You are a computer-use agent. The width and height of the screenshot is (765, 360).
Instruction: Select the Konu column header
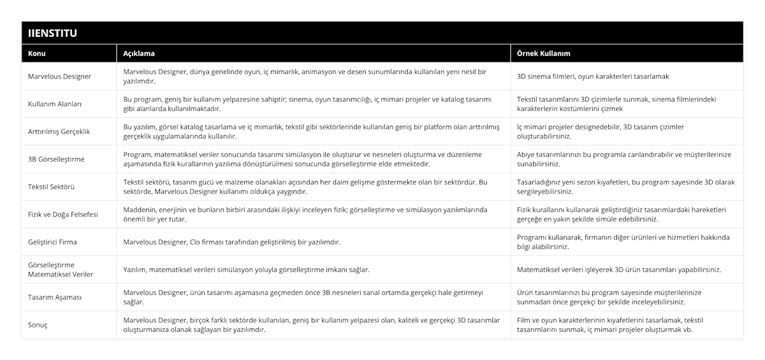pos(37,54)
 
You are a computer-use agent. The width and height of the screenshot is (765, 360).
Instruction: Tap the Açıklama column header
pos(138,54)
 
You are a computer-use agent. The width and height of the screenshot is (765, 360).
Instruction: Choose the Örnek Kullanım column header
pos(543,54)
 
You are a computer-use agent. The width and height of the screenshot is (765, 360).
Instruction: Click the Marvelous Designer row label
pos(60,76)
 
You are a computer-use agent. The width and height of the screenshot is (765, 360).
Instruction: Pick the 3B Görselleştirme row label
pos(57,159)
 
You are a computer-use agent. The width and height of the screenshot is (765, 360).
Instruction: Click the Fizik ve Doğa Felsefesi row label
pos(63,215)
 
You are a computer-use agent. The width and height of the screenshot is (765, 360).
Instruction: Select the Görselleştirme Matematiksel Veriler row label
pos(61,270)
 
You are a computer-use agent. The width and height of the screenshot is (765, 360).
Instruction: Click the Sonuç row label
pos(38,325)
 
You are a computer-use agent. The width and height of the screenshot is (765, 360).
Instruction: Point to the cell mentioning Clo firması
pos(231,242)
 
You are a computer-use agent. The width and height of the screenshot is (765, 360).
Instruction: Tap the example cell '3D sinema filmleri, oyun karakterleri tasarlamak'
pos(593,76)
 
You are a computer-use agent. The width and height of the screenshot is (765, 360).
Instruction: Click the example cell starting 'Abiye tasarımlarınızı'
pos(624,159)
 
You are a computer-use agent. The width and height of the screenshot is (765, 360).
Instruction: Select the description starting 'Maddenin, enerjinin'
pos(305,215)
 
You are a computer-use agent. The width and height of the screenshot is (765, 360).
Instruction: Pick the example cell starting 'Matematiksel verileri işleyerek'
pos(619,270)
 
